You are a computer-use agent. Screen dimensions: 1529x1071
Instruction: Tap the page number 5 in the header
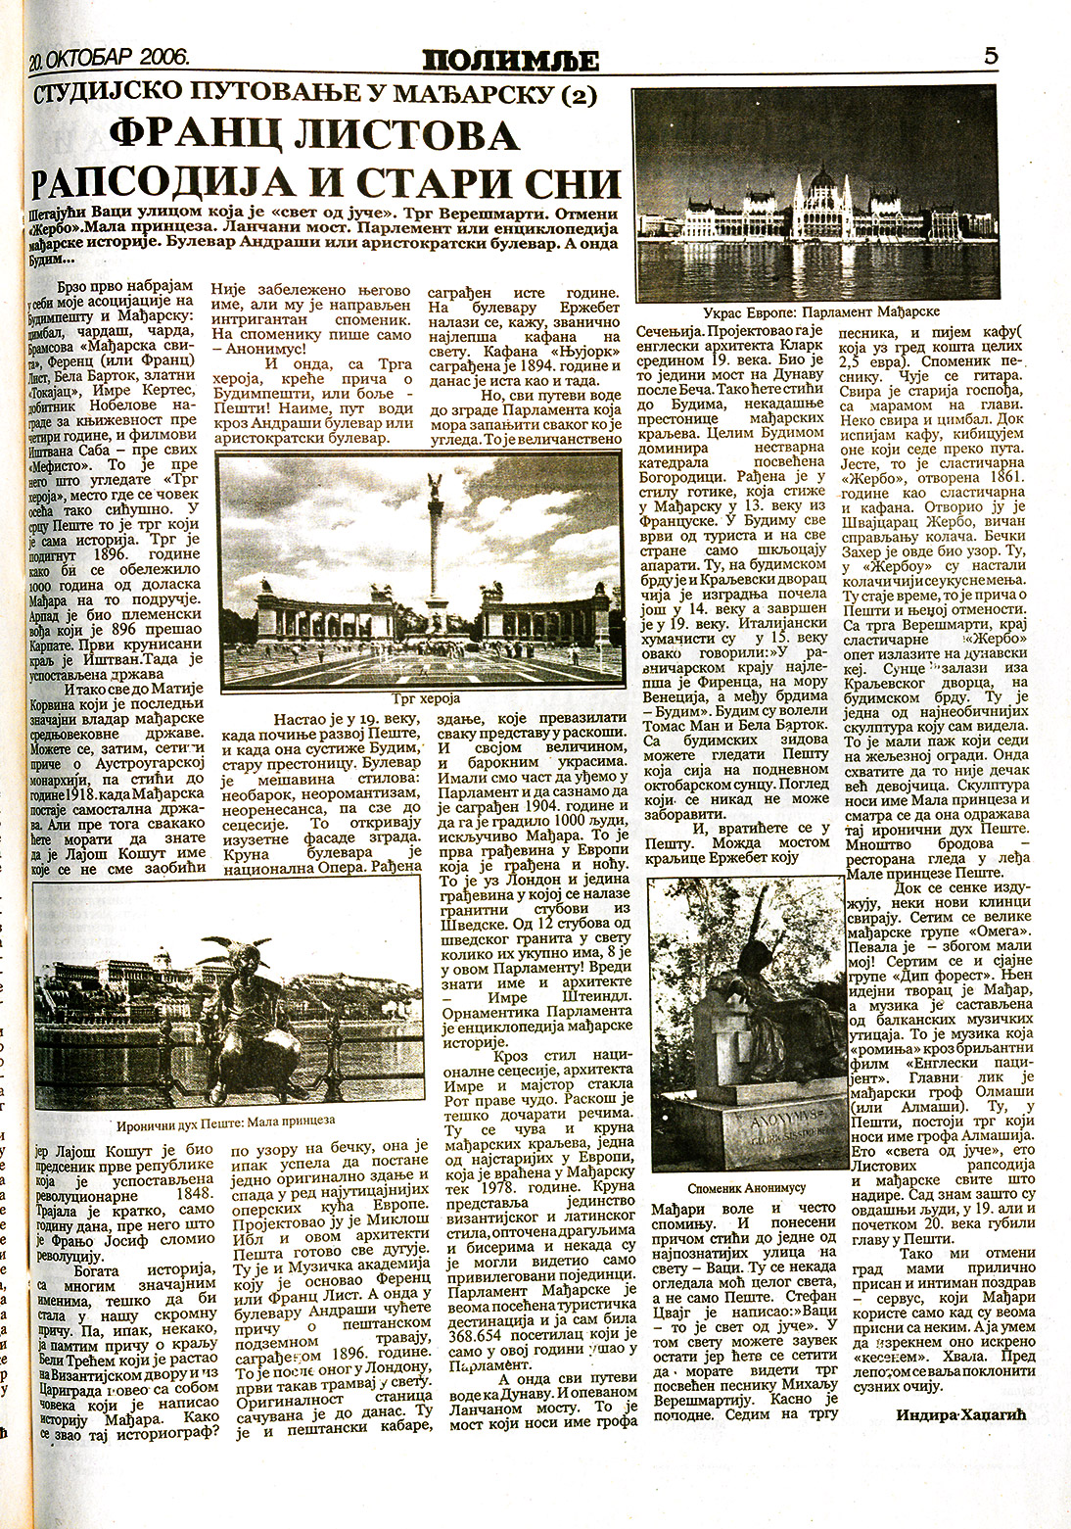click(991, 56)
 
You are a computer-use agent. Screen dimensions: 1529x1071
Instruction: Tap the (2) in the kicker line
click(575, 95)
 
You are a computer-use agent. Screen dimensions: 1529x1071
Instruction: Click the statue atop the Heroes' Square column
click(431, 487)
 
